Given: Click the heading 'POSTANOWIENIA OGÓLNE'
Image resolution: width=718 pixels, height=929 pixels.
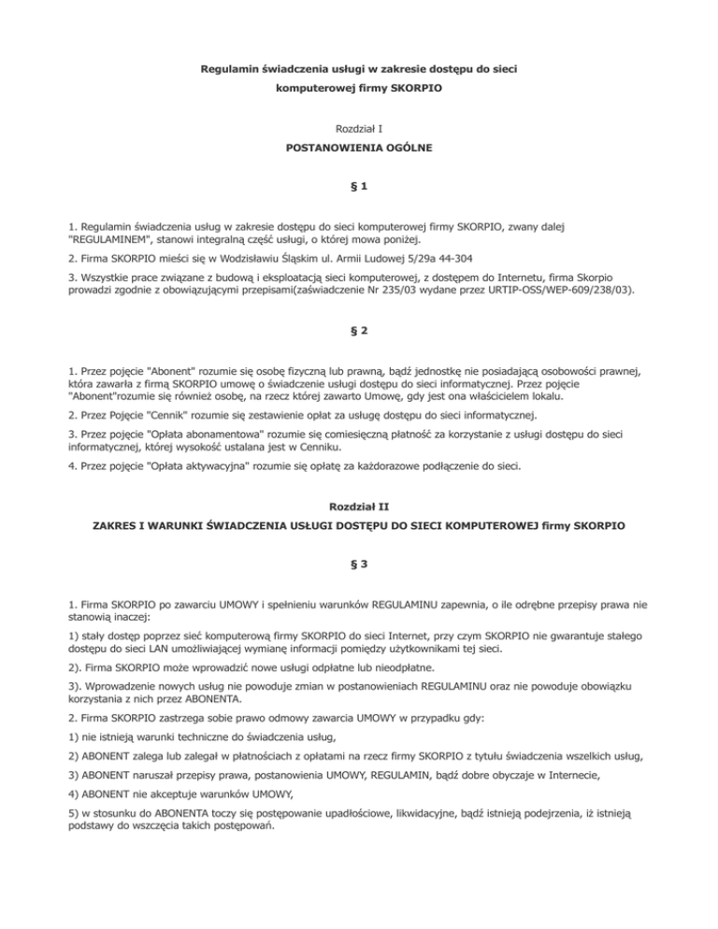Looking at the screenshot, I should pos(359,148).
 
